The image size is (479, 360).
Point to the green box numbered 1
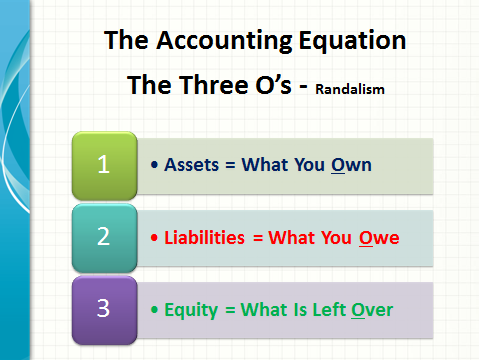(105, 165)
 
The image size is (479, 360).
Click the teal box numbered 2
(105, 236)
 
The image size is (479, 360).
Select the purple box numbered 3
(105, 307)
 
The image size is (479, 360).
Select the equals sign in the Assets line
(233, 166)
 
